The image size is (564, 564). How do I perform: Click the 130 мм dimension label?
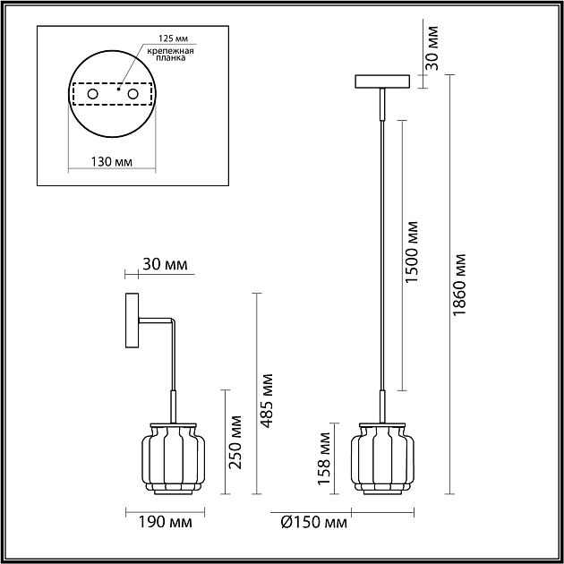[x=112, y=162]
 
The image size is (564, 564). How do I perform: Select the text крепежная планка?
[x=170, y=55]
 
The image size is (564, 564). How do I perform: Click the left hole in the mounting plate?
[x=92, y=94]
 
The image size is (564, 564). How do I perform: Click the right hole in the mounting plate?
[x=132, y=94]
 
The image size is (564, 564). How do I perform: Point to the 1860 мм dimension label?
[x=459, y=285]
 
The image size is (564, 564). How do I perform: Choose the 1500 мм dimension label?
[x=412, y=252]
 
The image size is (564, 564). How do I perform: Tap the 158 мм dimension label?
[x=324, y=458]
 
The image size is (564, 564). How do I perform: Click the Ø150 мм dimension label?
[x=314, y=522]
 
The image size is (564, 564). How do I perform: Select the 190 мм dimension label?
[x=166, y=522]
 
